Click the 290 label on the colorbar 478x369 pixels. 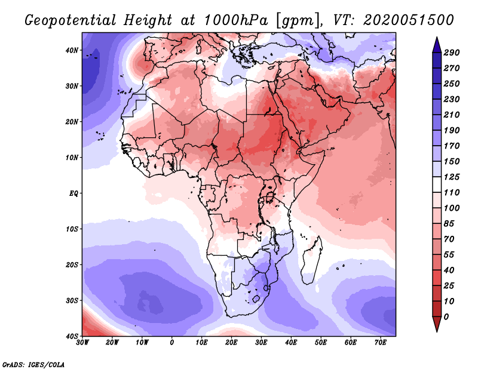[451, 53]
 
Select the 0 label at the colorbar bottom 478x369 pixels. [446, 316]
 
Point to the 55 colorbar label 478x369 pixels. [449, 254]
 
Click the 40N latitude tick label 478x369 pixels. [72, 50]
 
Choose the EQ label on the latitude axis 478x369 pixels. [73, 193]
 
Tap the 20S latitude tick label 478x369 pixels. [72, 265]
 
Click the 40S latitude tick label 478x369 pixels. [72, 336]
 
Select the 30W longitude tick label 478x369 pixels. [82, 343]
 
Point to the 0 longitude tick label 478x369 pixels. [172, 343]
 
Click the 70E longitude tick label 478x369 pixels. [381, 343]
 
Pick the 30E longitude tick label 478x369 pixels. [261, 343]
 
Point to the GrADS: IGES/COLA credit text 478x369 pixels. [33, 364]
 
